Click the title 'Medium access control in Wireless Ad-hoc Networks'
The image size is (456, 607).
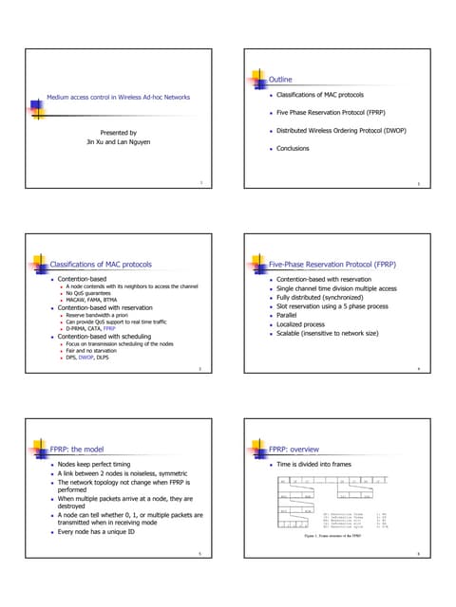pyautogui.click(x=119, y=97)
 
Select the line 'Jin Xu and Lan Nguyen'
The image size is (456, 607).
pyautogui.click(x=118, y=143)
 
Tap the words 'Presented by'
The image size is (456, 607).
pyautogui.click(x=118, y=133)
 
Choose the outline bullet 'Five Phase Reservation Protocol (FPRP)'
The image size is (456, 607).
pyautogui.click(x=332, y=113)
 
